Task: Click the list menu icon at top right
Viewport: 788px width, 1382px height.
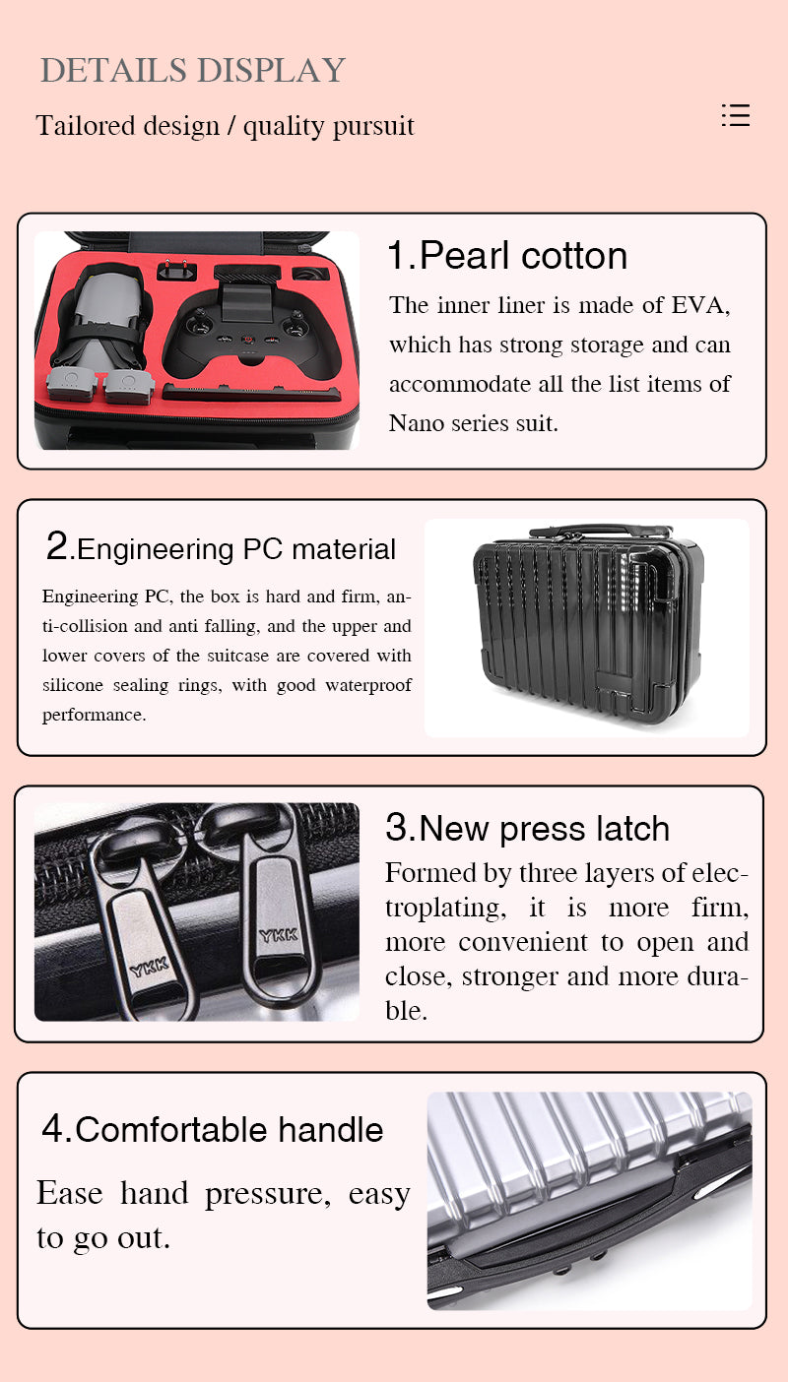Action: (x=736, y=115)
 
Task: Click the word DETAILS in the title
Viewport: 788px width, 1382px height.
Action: (x=113, y=70)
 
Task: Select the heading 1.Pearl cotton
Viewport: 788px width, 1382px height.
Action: (x=507, y=255)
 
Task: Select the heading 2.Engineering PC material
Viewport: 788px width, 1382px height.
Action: (x=221, y=547)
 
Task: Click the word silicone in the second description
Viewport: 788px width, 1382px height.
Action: (x=73, y=685)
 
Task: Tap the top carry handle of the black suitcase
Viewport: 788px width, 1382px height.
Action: (x=601, y=532)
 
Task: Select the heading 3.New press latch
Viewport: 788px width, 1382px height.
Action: (x=527, y=828)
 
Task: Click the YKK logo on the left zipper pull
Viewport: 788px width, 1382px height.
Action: (x=149, y=967)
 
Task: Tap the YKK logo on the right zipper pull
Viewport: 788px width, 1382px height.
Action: (x=279, y=935)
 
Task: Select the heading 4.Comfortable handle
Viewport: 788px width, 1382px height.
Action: (x=213, y=1130)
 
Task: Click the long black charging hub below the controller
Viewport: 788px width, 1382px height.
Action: (x=251, y=393)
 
